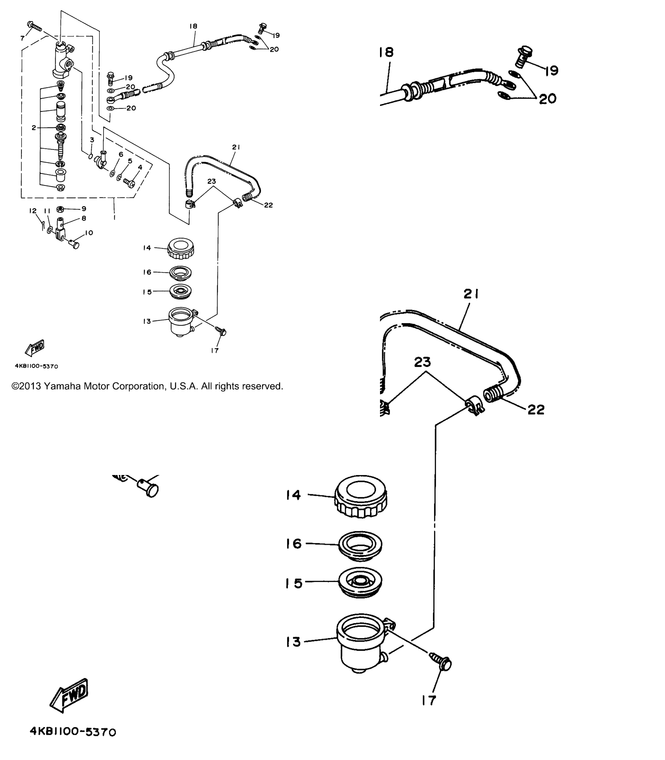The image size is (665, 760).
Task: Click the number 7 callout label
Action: pyautogui.click(x=23, y=38)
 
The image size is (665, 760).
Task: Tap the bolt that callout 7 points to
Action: pyautogui.click(x=35, y=26)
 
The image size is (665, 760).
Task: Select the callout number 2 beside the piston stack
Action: pyautogui.click(x=34, y=128)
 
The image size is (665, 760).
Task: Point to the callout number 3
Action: pyautogui.click(x=92, y=140)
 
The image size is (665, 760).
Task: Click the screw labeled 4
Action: pyautogui.click(x=130, y=183)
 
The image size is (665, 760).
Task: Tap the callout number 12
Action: pyautogui.click(x=33, y=211)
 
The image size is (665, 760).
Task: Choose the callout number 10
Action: pyautogui.click(x=89, y=233)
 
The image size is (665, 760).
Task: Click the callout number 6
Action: pyautogui.click(x=121, y=154)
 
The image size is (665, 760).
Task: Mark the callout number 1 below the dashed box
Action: pyautogui.click(x=114, y=217)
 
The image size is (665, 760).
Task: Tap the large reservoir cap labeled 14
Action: pyautogui.click(x=361, y=497)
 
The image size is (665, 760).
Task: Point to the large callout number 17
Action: pyautogui.click(x=429, y=700)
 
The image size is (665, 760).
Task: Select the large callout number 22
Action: pyautogui.click(x=536, y=409)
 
